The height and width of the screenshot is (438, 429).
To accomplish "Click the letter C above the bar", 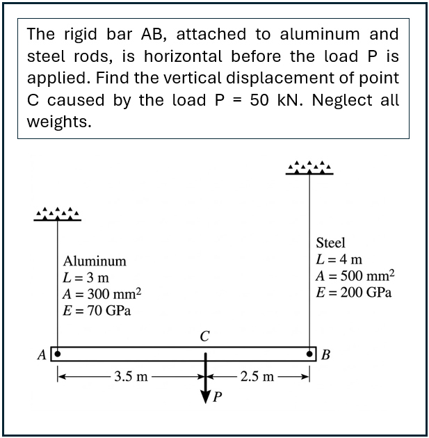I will coord(204,336).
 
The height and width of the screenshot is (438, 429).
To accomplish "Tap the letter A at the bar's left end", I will coord(42,354).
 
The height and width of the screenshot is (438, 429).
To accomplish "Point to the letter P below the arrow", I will coord(218,398).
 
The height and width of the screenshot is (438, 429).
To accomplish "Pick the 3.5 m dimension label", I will coord(131,377).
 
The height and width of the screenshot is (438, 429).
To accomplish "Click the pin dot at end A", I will coord(58,352).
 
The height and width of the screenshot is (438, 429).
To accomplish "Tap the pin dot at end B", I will coord(309,352).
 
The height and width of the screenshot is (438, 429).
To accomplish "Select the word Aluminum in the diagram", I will coord(95,261).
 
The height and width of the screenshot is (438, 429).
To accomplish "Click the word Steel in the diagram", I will coord(330,243).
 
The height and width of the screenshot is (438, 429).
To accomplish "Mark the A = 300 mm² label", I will coord(102,293).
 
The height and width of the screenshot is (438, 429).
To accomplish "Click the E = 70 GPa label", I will coord(97,310).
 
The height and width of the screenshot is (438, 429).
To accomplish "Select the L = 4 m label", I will coord(339,259).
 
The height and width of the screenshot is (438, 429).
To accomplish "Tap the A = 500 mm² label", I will coord(355,275).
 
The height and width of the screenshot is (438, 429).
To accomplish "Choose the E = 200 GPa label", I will coord(353,292).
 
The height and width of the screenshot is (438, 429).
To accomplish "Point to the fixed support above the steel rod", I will coord(309,168).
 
